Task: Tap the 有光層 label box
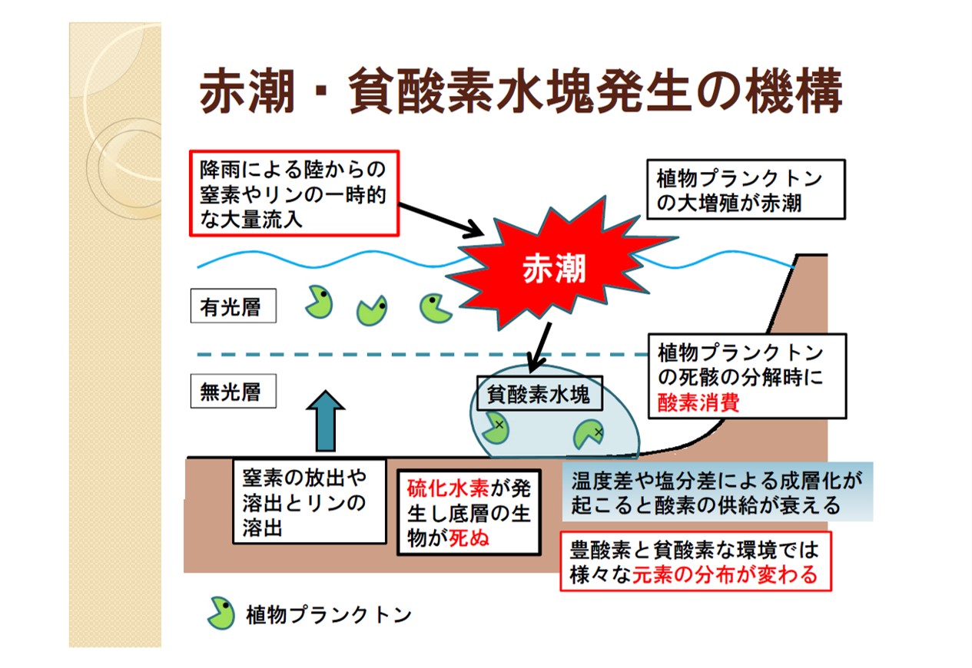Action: (x=230, y=308)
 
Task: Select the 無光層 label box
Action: (x=230, y=392)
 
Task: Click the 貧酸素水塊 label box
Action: (x=539, y=394)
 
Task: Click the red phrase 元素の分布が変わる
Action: (x=725, y=574)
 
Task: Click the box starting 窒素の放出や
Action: (x=309, y=501)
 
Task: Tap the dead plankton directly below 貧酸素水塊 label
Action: (x=496, y=428)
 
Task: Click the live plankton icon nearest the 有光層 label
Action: (x=318, y=302)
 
